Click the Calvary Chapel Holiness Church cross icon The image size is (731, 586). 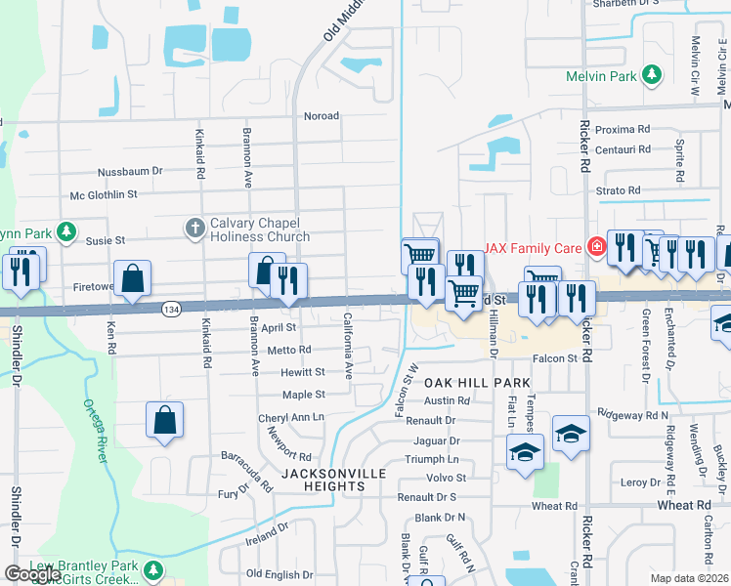[x=194, y=229]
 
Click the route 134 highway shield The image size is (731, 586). [x=171, y=309]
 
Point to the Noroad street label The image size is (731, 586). [x=322, y=116]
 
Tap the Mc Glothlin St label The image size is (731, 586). [x=116, y=196]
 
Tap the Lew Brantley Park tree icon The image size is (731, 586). [x=151, y=568]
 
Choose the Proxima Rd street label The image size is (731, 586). [x=623, y=129]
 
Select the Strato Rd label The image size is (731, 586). [x=619, y=190]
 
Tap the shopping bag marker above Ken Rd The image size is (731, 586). [x=132, y=278]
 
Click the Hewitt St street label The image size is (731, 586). [x=303, y=372]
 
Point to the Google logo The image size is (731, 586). [x=32, y=574]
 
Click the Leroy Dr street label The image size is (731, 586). [x=641, y=482]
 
